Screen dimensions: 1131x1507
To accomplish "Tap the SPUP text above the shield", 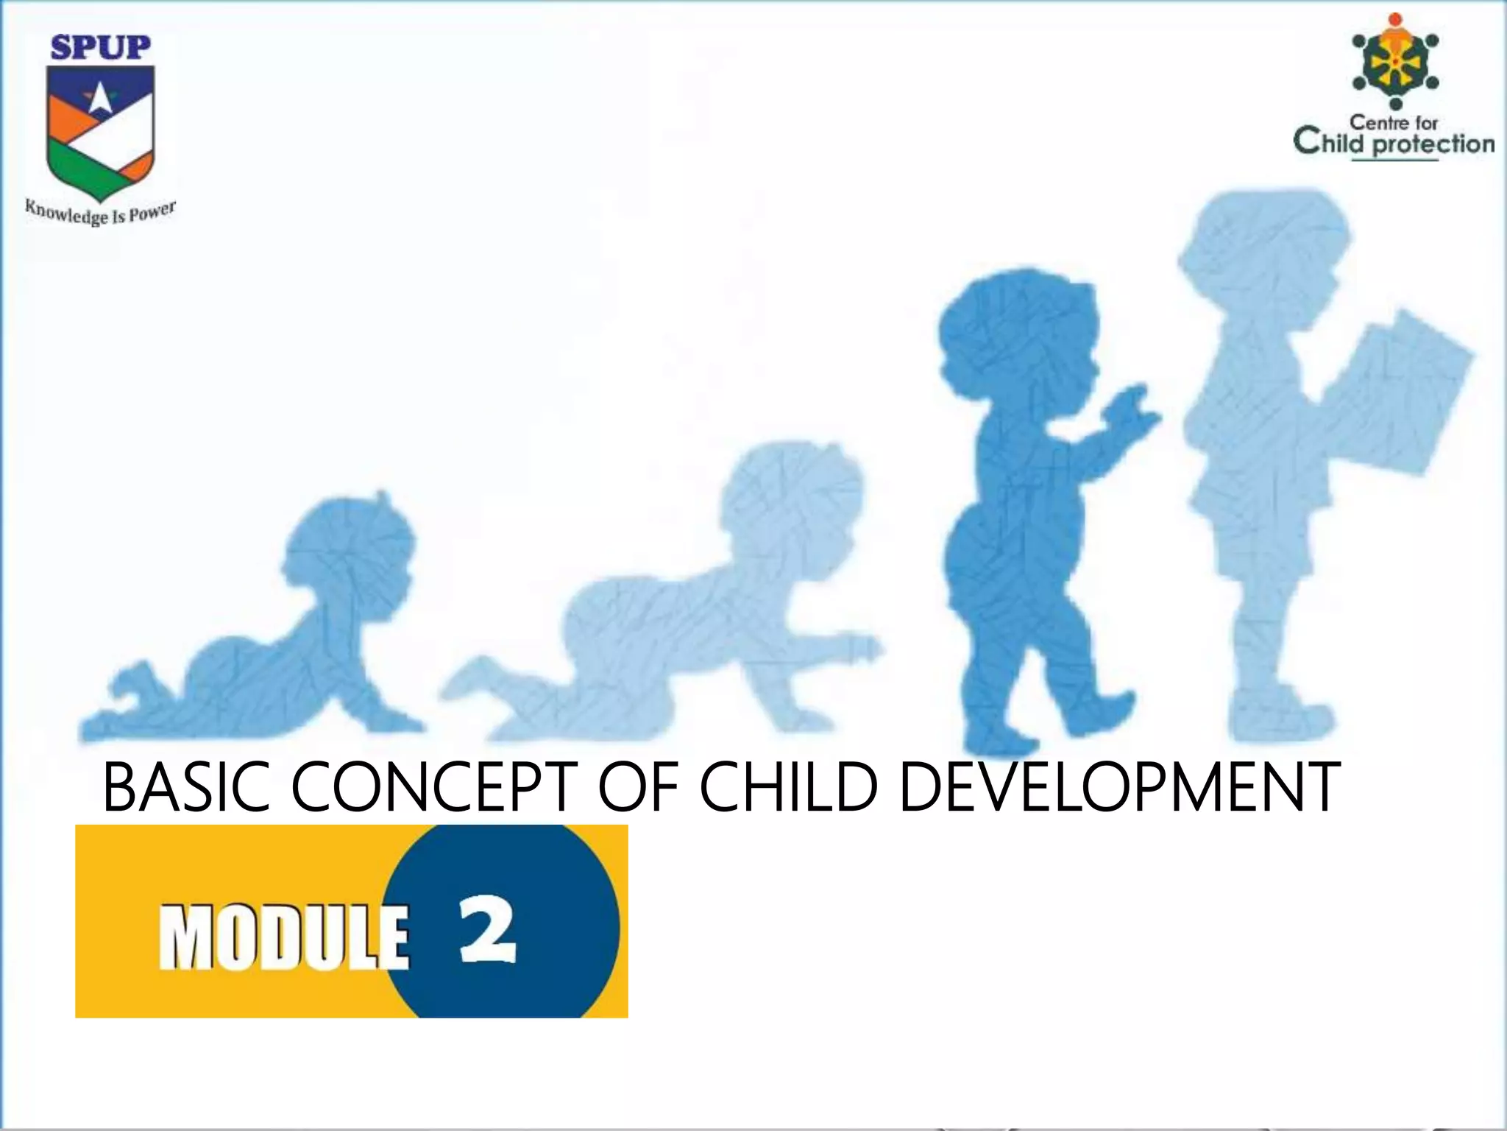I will (x=100, y=49).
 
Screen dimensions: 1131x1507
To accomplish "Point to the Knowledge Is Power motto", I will (x=100, y=213).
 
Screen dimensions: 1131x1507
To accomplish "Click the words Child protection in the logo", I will (x=1394, y=142).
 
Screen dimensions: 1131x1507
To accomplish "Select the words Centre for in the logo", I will (x=1393, y=122).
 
